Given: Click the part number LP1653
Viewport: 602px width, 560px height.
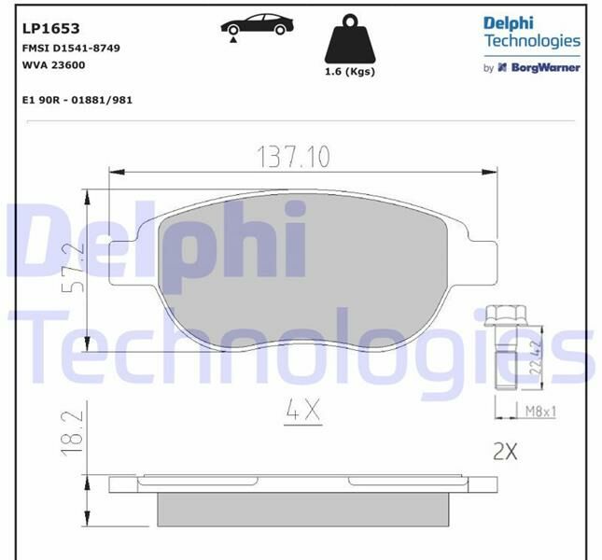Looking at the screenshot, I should coord(43,28).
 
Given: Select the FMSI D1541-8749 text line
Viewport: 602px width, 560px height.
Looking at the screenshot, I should coord(71,48).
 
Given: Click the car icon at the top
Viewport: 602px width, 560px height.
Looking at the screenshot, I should coord(256,25).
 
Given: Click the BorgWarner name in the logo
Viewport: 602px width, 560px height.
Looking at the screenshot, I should coord(543,67).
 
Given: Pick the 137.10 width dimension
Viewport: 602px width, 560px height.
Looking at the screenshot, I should coord(293,157).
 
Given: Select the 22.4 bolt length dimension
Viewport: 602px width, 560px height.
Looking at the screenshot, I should coord(536,357).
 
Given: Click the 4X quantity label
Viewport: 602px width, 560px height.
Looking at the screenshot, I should coord(302,408).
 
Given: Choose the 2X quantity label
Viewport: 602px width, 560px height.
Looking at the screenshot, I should coord(504,452).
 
